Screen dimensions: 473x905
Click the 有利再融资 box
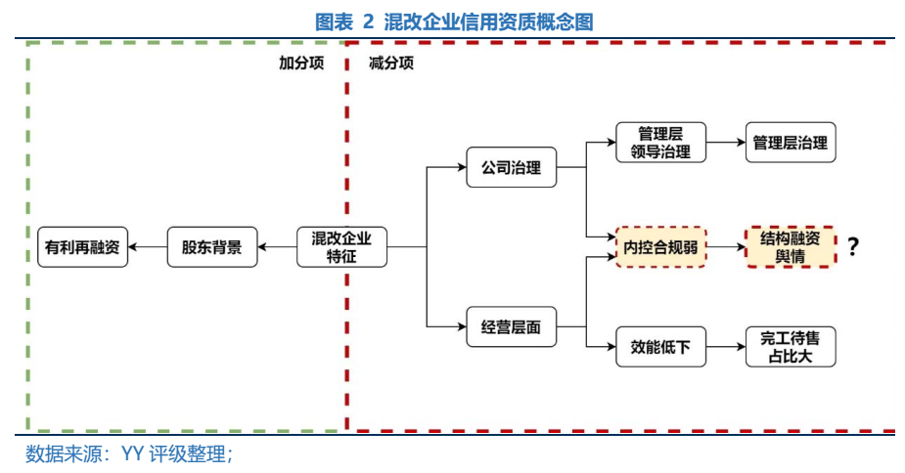pos(82,247)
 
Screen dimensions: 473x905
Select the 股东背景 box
pos(211,247)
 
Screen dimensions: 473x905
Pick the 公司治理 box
pos(511,167)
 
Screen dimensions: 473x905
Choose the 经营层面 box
pos(511,327)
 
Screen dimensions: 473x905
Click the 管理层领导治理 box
pos(661,142)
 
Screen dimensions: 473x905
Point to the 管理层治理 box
pos(790,143)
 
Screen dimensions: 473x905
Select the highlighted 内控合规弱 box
pos(661,247)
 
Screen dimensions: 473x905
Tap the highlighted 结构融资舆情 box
pos(790,247)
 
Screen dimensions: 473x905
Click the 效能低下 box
pos(661,347)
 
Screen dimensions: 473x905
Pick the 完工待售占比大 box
pos(790,347)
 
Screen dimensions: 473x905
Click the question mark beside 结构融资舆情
pos(853,247)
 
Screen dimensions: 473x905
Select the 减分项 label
pos(390,63)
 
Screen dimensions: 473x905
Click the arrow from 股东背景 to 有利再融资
pos(148,247)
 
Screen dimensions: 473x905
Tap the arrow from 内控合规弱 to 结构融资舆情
pos(725,247)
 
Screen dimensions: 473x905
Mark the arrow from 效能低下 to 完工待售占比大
pos(725,347)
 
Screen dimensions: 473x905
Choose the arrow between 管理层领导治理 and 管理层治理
pos(725,143)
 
